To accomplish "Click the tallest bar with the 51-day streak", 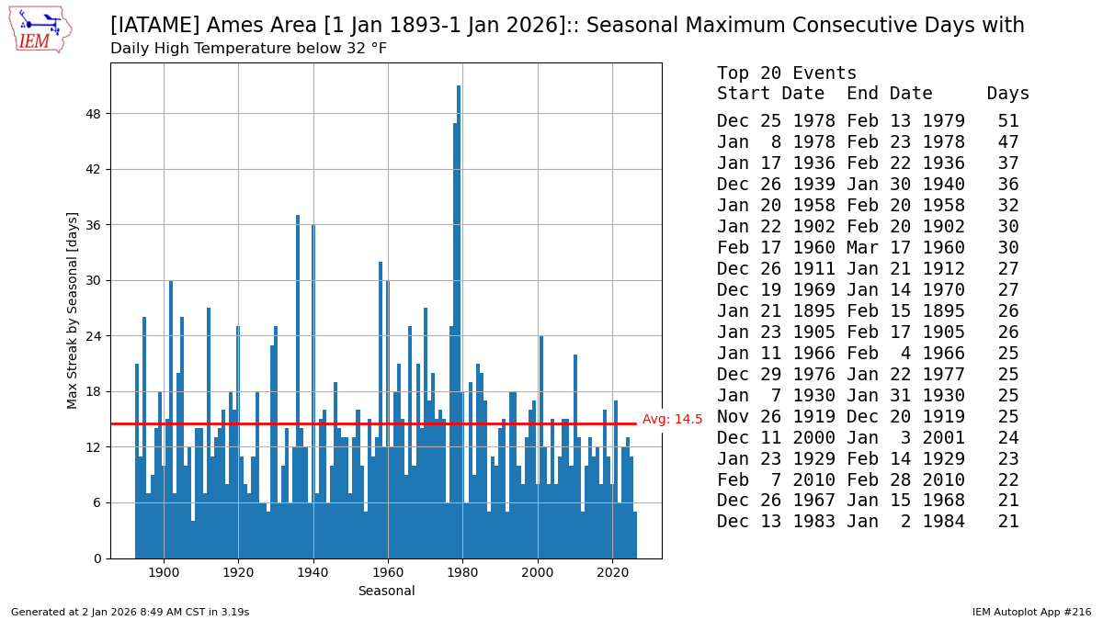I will (x=459, y=321).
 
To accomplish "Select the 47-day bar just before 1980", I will (x=455, y=340).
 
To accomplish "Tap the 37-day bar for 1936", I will (x=298, y=386).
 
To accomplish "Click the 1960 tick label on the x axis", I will (x=388, y=573).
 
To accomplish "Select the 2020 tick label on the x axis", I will (x=612, y=573).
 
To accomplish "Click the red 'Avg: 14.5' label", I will (x=672, y=420).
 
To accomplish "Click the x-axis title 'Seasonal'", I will (x=386, y=592).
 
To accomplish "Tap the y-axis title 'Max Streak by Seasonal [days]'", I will (x=73, y=310).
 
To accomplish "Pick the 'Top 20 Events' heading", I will (x=787, y=73).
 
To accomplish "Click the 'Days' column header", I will (x=1008, y=94).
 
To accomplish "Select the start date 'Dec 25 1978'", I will (x=776, y=121).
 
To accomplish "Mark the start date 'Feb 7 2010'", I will (x=776, y=480).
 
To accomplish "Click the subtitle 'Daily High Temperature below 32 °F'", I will (x=248, y=48).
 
